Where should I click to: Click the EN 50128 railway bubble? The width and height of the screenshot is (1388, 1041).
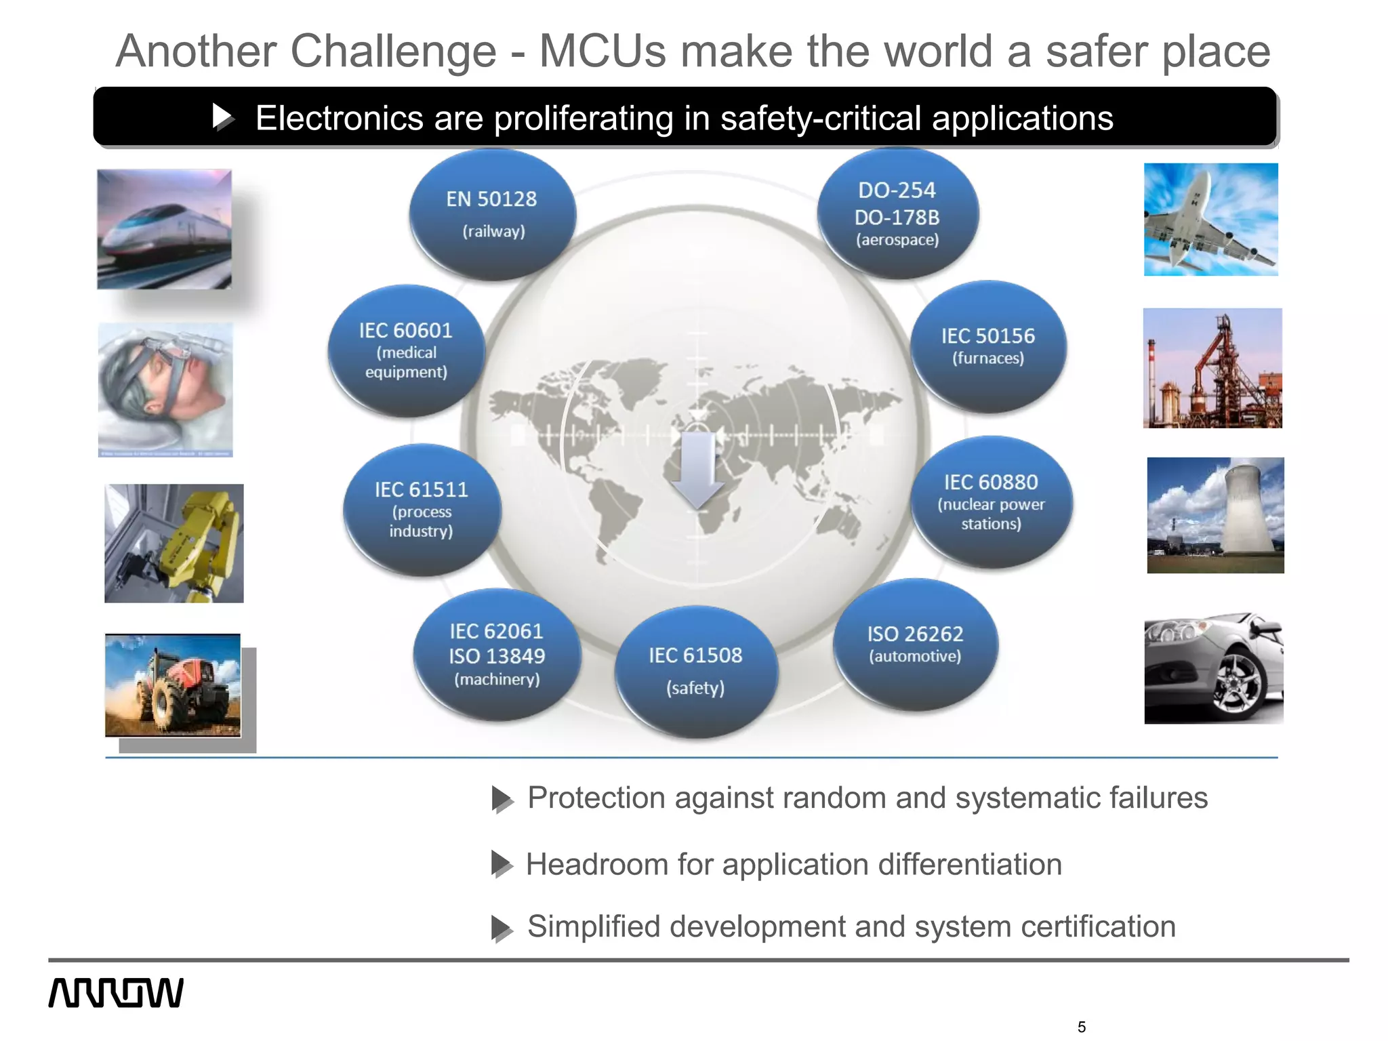[493, 214]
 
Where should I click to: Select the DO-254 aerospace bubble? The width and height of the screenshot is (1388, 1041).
[897, 213]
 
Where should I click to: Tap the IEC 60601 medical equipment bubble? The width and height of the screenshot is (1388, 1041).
[406, 350]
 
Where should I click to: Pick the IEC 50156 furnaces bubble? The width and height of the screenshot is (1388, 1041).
[988, 346]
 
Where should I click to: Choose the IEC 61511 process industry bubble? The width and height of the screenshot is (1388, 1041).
[422, 510]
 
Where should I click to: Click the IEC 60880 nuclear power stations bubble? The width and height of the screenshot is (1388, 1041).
[991, 502]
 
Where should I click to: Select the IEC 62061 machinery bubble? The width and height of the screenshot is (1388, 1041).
[497, 655]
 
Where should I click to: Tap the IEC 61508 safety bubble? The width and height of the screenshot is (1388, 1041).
[695, 671]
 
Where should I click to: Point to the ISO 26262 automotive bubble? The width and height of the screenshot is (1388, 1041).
[915, 644]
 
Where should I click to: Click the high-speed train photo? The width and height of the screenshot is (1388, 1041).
[164, 229]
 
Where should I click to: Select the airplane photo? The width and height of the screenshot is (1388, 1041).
[1210, 220]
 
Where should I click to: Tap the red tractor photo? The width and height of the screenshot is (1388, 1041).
[173, 685]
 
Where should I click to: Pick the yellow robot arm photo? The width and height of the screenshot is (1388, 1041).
[174, 543]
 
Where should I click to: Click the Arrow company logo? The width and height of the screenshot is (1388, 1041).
[116, 993]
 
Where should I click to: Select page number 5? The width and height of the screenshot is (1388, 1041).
[1081, 1027]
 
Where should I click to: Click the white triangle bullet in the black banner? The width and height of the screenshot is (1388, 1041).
[222, 117]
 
